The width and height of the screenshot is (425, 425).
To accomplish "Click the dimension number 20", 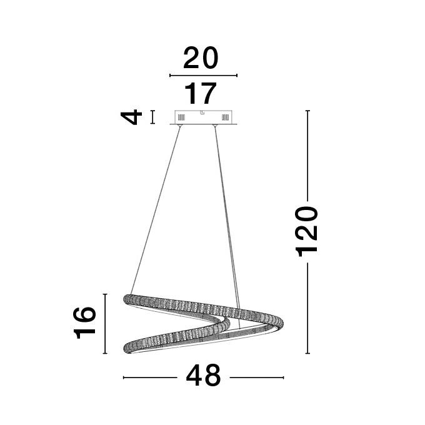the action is tap(201, 57).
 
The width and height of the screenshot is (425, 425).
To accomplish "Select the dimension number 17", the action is tap(201, 93).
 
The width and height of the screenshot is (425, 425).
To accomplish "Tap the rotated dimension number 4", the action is tap(132, 117).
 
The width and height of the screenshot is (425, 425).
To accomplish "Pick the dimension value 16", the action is tap(84, 323).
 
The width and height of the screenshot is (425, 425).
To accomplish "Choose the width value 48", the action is tap(203, 376).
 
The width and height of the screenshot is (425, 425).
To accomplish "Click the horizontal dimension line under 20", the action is tap(203, 76).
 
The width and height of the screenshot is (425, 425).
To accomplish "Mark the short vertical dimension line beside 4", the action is tap(153, 117).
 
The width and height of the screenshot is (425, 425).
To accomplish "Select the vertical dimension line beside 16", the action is tap(105, 324).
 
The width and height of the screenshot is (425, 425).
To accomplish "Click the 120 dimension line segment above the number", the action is tap(307, 156).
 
